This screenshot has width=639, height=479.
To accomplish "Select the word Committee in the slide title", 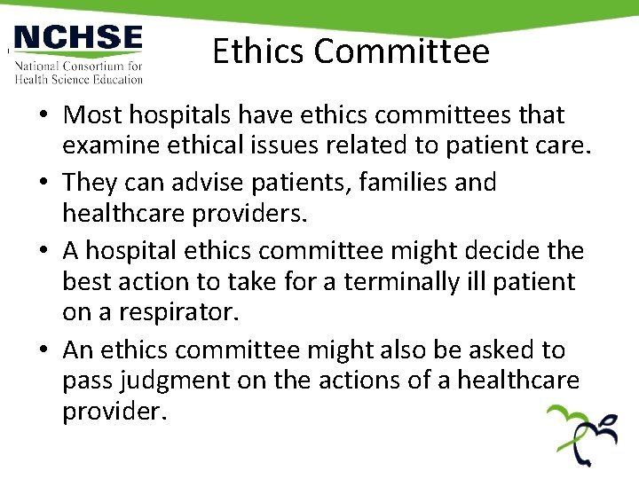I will tap(400, 51).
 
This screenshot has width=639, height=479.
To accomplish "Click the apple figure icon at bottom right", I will tap(581, 435).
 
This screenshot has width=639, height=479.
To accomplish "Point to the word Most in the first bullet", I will tap(91, 115).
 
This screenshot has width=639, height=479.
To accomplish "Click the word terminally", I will tap(414, 282).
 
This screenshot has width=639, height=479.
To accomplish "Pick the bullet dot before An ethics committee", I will tap(43, 350).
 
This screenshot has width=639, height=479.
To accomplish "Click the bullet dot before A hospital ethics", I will tap(43, 251).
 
